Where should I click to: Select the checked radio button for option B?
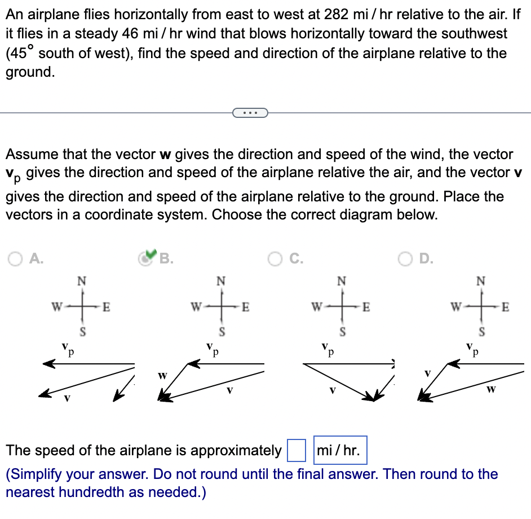(x=147, y=258)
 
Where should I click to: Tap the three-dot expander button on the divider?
(x=249, y=113)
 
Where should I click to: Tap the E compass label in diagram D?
(x=505, y=307)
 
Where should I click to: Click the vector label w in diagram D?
(x=490, y=389)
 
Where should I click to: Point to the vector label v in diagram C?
(x=333, y=389)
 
